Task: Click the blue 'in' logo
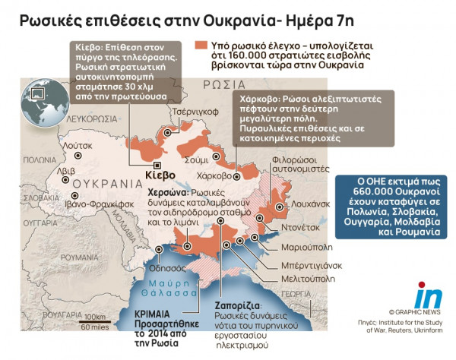pos(427,295)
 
